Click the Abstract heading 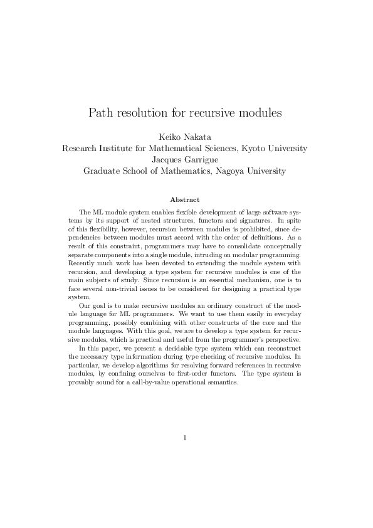(186, 199)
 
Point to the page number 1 (186, 438)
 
